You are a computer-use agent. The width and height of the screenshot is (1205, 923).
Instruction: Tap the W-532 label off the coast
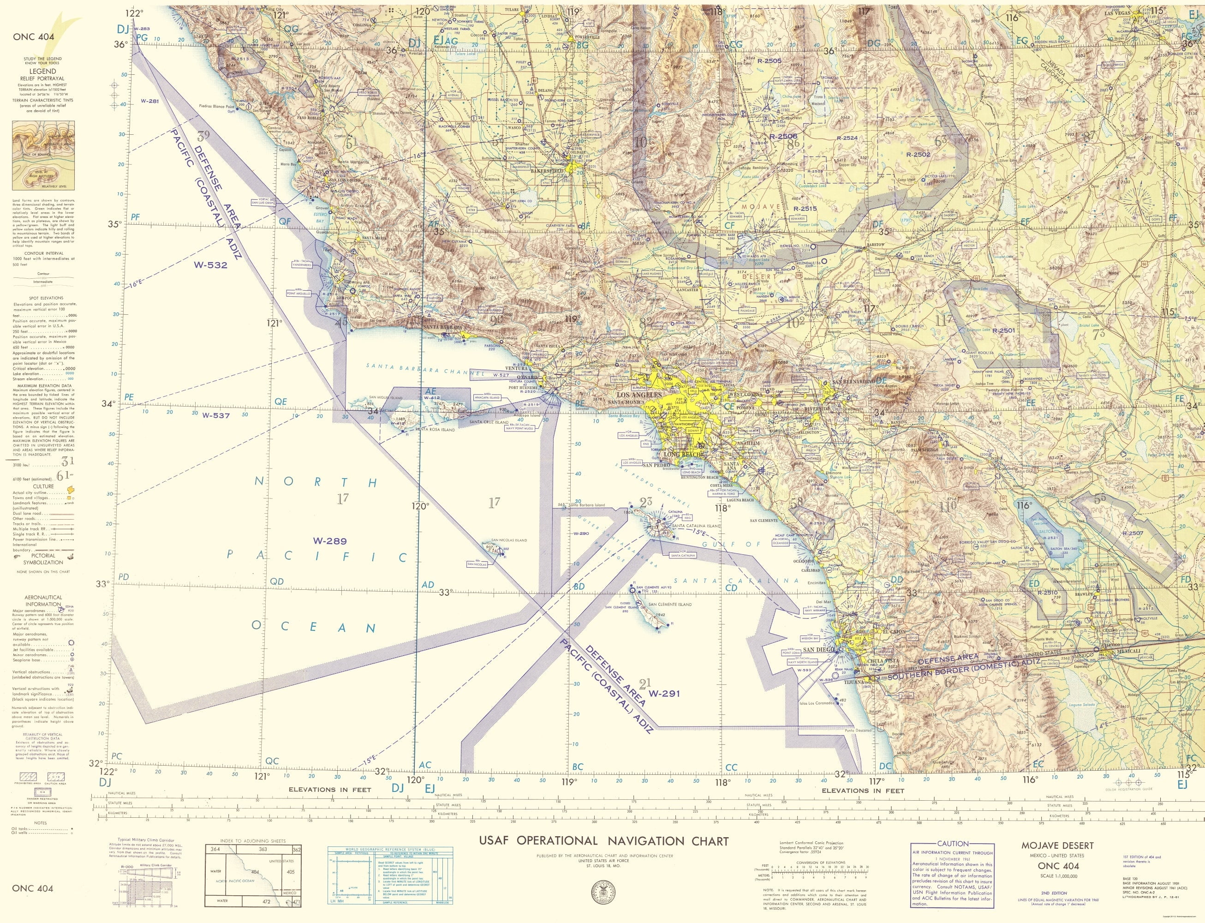click(210, 264)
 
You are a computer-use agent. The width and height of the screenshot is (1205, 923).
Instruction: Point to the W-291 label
click(664, 693)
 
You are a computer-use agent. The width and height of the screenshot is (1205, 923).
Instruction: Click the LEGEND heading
click(43, 72)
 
